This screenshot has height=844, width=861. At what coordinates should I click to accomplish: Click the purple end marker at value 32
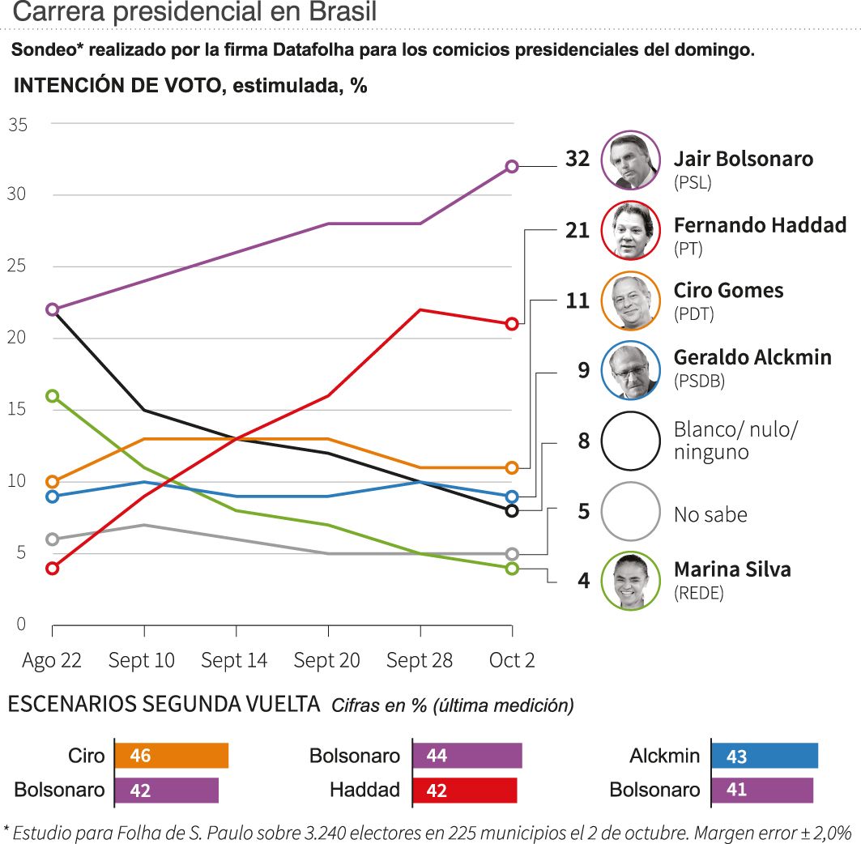512,166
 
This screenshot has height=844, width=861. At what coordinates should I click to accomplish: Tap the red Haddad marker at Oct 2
512,324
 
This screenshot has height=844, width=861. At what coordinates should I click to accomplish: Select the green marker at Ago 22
53,395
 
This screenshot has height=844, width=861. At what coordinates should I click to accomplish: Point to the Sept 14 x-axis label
234,660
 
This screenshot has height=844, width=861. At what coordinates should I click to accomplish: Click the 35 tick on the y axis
18,125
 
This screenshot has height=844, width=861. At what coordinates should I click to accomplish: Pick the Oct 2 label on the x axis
512,660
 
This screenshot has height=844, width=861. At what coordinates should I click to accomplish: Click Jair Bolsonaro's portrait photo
630,160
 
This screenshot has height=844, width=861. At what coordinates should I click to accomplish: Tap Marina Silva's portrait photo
630,580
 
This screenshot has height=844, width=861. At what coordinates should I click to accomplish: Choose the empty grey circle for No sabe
630,511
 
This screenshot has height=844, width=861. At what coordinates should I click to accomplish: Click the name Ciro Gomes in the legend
728,290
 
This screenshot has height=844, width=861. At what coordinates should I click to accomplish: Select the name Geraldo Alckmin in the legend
752,356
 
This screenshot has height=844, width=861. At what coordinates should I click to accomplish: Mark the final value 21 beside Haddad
578,231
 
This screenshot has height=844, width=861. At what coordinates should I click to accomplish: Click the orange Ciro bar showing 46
172,756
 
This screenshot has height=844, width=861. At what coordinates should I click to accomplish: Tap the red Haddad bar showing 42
465,790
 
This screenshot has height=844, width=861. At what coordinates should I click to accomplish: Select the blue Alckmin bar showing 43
765,756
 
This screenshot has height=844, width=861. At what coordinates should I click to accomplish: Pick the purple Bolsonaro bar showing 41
762,790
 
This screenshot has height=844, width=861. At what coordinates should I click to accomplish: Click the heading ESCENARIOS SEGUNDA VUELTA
164,704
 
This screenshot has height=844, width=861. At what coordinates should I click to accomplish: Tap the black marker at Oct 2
512,510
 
